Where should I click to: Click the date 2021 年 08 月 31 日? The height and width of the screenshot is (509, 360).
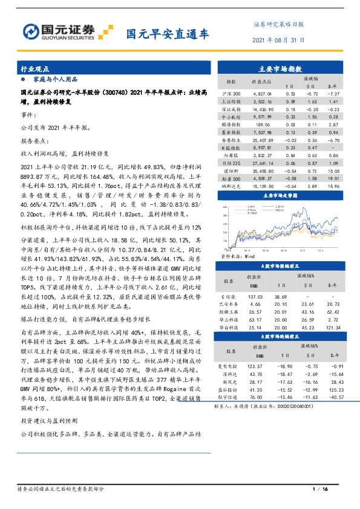278,40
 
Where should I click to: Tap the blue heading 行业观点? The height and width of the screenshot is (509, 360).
34,70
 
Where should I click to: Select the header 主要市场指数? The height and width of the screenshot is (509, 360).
280,70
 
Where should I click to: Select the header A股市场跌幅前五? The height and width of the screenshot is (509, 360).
280,336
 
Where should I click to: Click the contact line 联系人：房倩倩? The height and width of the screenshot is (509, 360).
265,407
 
